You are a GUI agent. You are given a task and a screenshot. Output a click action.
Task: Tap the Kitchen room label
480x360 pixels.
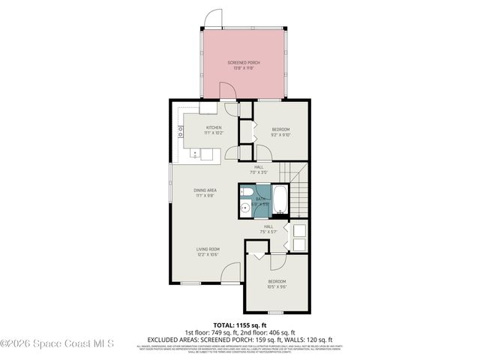214,130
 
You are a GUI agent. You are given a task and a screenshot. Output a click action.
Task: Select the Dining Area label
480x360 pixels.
205,193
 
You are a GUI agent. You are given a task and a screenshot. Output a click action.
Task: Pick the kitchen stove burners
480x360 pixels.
181,132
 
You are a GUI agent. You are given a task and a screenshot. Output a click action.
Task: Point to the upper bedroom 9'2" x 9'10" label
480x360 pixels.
280,133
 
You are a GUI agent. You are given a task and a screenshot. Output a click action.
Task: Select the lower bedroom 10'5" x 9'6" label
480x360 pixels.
277,283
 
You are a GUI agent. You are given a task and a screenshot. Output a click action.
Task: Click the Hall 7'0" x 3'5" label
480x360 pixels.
259,169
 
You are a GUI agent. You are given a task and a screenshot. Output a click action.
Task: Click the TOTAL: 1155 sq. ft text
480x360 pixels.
240,325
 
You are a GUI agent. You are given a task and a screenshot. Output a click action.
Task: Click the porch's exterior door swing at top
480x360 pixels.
215,17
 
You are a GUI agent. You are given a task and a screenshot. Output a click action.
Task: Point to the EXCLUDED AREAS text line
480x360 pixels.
240,339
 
